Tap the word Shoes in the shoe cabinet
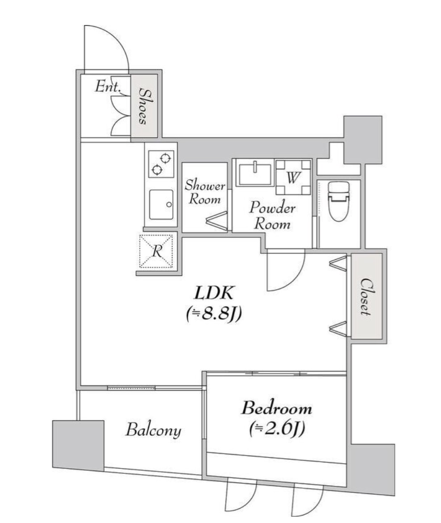[x=144, y=105]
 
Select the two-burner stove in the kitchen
[x=161, y=163]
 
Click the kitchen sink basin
[x=161, y=204]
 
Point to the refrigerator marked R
[x=156, y=251]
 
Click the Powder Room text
[x=272, y=215]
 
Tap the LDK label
[x=213, y=293]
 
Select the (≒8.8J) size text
[x=213, y=314]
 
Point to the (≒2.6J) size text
[x=276, y=429]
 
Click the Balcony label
[x=153, y=430]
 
